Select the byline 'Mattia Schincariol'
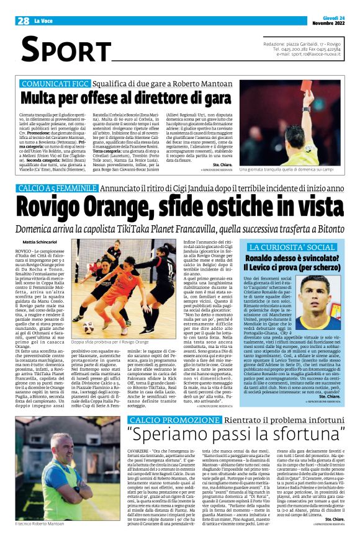coord(38,241)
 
